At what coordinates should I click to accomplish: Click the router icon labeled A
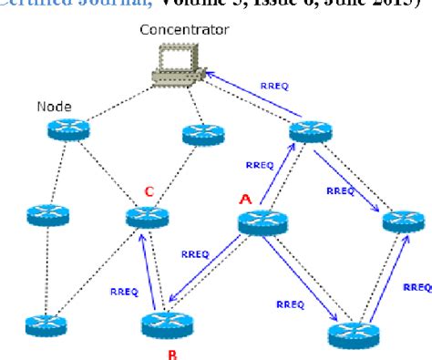[262, 222]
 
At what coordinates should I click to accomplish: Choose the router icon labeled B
[165, 324]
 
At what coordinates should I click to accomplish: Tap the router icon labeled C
[146, 217]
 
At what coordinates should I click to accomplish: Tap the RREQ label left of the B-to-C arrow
[123, 292]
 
